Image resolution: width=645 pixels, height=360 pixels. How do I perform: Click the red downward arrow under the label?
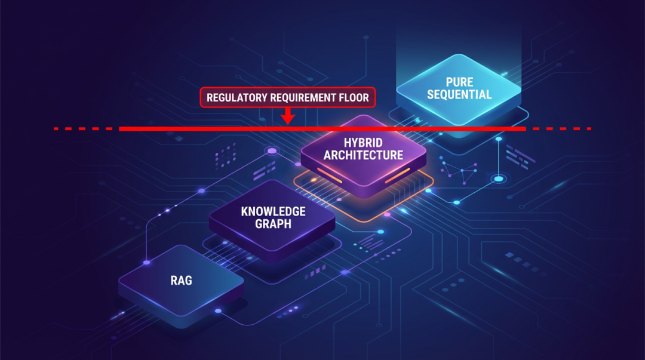click(288, 116)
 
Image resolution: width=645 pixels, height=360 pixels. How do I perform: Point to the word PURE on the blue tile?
click(459, 82)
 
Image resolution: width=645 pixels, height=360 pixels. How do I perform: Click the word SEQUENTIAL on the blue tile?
click(459, 95)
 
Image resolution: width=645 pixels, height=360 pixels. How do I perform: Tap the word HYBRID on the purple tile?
click(363, 143)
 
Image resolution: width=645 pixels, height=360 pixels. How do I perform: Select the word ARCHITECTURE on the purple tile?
click(363, 155)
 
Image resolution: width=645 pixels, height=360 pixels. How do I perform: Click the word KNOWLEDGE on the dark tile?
click(273, 211)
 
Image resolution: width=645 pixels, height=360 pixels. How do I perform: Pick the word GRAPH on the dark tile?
click(273, 224)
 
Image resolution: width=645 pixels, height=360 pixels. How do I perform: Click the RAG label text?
click(182, 281)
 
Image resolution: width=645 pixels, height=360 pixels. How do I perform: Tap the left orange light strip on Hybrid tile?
click(330, 176)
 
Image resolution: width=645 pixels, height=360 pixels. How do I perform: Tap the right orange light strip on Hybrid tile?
click(397, 176)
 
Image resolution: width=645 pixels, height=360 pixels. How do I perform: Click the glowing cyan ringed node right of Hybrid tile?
click(499, 179)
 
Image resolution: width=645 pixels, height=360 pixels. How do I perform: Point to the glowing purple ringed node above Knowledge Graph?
click(272, 151)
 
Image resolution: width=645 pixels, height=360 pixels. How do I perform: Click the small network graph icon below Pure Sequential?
click(460, 171)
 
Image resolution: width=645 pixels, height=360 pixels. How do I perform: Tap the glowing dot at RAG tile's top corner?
click(146, 263)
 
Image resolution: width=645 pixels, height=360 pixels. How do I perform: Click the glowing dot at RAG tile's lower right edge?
click(218, 311)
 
